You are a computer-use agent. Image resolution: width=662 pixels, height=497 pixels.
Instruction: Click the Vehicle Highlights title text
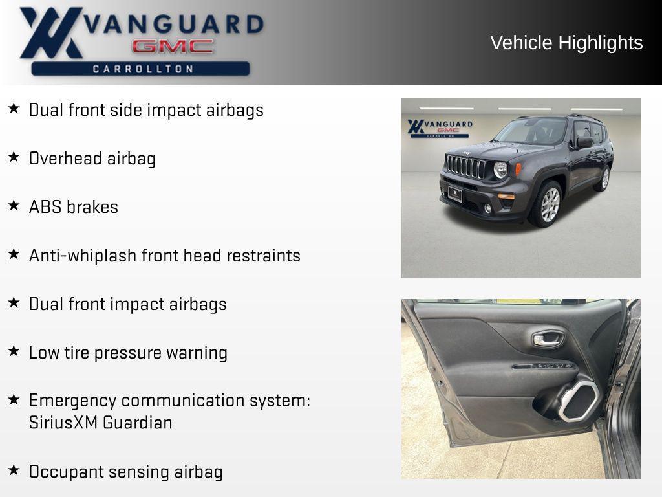(x=566, y=43)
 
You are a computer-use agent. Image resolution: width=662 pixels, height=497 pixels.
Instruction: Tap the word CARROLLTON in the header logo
(x=143, y=69)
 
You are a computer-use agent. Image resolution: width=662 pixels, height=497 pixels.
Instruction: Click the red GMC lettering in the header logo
(x=173, y=47)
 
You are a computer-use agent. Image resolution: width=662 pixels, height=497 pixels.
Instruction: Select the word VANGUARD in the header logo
(x=175, y=24)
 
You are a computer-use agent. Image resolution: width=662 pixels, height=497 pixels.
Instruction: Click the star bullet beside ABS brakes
(x=14, y=206)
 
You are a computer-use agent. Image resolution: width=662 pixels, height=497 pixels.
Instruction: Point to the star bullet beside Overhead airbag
(x=14, y=157)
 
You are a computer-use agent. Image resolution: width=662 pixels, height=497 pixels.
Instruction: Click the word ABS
(x=45, y=207)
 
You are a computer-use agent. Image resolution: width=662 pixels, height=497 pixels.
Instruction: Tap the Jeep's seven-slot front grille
(x=465, y=167)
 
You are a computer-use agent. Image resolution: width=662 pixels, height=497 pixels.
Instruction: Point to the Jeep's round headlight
(x=500, y=170)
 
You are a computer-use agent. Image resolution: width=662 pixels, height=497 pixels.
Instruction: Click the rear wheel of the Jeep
(x=604, y=178)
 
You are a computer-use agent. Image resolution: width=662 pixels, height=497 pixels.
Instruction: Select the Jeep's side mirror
(x=584, y=142)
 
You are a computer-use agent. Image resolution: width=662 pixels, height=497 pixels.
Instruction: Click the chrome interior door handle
(x=548, y=338)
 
